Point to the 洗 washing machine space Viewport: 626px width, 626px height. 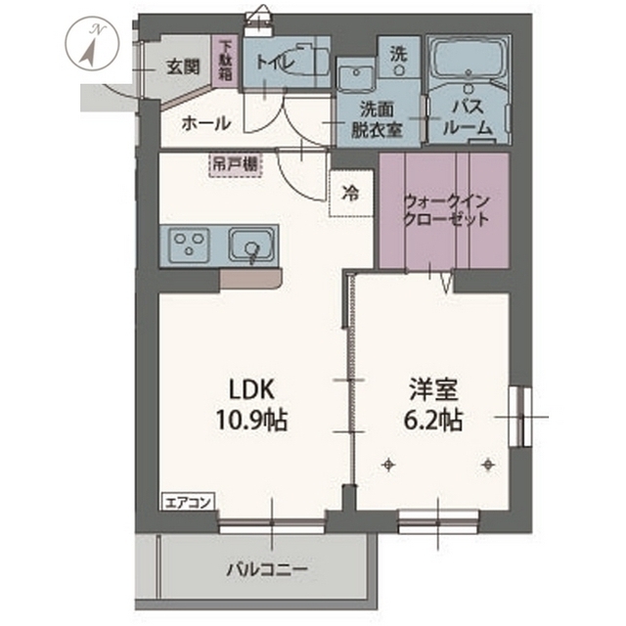click(x=398, y=54)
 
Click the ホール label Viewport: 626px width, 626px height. click(x=206, y=123)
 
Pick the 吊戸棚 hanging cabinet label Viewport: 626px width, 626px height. click(x=234, y=164)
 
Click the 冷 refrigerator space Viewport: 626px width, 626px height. click(x=349, y=193)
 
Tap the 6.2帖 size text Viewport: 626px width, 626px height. click(x=435, y=422)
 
